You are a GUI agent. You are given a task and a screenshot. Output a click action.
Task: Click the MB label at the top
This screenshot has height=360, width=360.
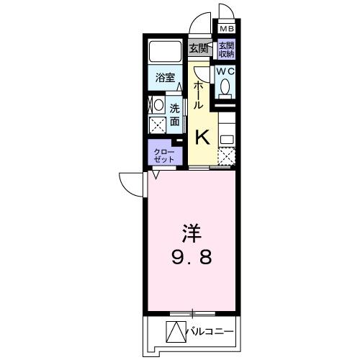(x=227, y=29)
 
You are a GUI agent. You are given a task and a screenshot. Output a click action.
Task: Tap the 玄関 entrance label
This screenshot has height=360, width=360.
(x=199, y=48)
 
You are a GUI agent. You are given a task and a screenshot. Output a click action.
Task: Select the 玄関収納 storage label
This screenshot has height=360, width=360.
(x=226, y=49)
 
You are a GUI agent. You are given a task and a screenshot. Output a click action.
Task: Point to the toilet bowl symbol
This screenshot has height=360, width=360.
(x=225, y=87)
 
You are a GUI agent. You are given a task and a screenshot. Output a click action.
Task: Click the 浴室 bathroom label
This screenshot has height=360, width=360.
(x=165, y=78)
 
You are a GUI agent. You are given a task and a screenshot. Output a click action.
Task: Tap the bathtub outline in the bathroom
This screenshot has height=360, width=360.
(x=165, y=52)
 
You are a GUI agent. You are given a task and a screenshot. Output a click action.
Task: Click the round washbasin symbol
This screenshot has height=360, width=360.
(x=158, y=104)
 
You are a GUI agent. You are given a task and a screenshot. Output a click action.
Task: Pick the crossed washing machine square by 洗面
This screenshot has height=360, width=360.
(x=158, y=124)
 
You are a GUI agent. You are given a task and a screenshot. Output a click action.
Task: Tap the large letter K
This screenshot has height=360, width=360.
(x=203, y=135)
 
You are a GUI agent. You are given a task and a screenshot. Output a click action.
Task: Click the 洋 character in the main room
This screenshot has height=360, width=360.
(x=190, y=233)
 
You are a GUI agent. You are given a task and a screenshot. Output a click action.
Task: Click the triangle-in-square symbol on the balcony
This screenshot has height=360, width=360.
(x=176, y=332)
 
